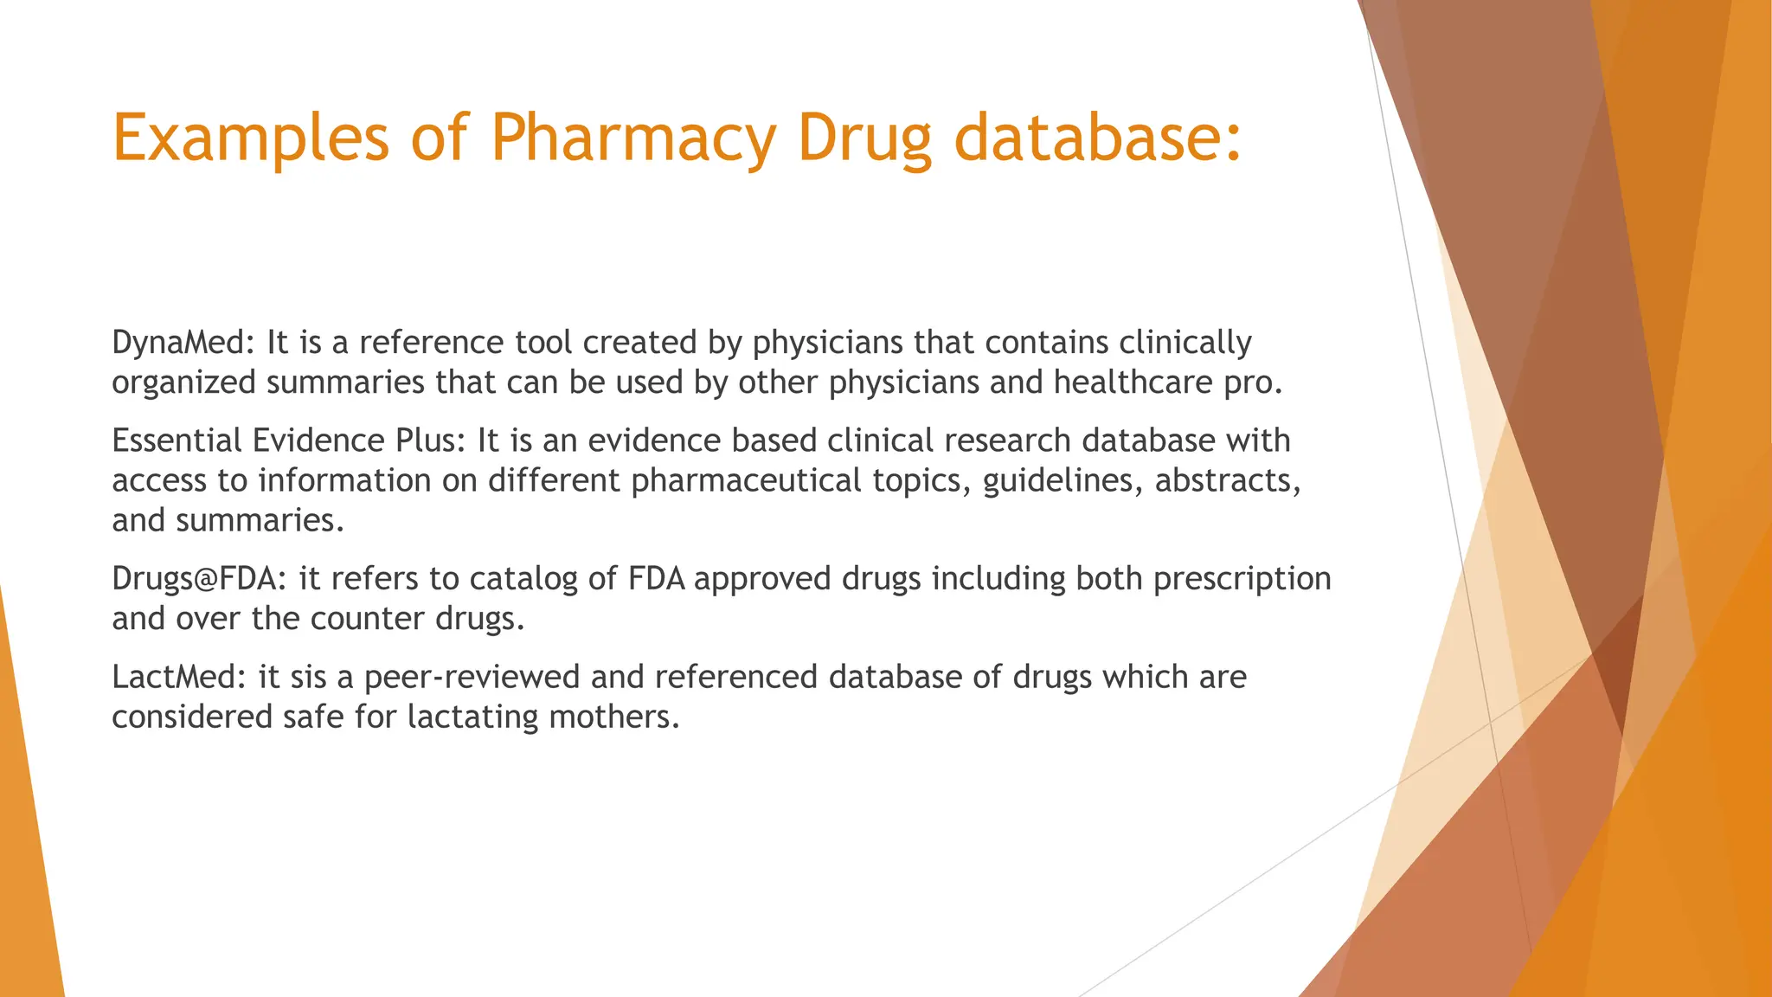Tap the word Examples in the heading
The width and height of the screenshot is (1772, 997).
[x=251, y=138]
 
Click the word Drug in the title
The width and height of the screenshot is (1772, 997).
[x=865, y=138]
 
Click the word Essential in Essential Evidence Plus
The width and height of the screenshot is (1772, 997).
[x=177, y=441]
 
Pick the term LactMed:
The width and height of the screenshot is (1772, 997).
[x=180, y=677]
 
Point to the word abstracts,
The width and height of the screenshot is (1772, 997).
[x=1228, y=480]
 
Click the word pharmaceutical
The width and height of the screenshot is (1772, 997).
[x=746, y=480]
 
